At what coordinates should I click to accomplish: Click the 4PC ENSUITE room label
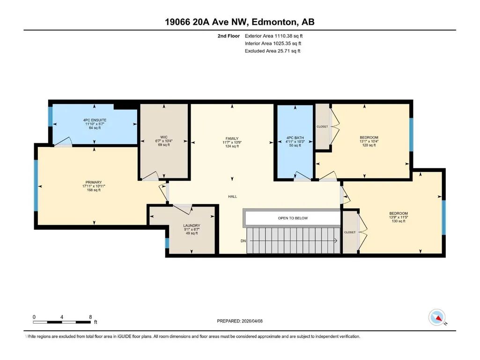(x=95, y=120)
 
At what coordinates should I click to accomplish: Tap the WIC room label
(x=164, y=137)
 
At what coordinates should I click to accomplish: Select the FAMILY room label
(x=232, y=139)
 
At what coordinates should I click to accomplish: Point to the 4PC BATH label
(x=295, y=138)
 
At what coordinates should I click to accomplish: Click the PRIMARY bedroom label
(x=94, y=183)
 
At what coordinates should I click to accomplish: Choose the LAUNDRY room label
(x=192, y=226)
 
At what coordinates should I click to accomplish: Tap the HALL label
(x=233, y=197)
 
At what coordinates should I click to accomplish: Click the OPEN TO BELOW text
(x=293, y=218)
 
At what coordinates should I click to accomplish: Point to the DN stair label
(x=243, y=241)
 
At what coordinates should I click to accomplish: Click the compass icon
(x=437, y=317)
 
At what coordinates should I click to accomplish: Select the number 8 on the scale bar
(x=90, y=317)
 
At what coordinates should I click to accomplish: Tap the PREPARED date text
(x=240, y=321)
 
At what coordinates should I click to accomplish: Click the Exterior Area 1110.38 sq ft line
(x=273, y=36)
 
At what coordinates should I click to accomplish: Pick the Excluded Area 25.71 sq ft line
(x=273, y=51)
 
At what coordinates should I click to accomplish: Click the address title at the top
(x=240, y=22)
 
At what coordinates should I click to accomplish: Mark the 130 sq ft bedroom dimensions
(x=399, y=217)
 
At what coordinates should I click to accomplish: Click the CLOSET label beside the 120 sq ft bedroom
(x=322, y=126)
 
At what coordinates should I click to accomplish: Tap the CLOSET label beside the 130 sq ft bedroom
(x=350, y=232)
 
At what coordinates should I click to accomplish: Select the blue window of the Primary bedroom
(x=36, y=185)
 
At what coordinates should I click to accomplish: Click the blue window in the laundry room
(x=167, y=243)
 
